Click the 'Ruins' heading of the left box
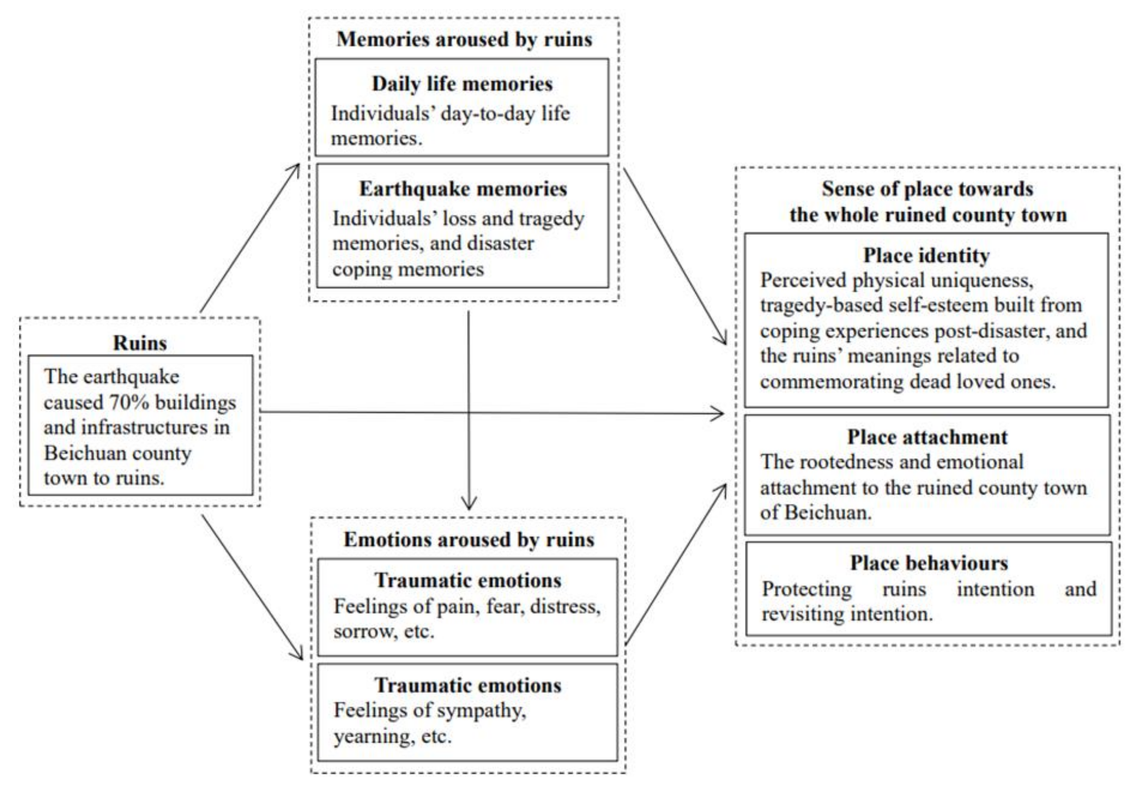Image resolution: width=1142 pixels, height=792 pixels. coord(140,343)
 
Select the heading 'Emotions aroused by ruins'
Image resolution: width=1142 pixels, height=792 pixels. coord(469,539)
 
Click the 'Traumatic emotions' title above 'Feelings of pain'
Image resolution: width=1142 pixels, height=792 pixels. coord(468,580)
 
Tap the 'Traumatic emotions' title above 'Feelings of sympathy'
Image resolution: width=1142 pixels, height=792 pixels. coord(468,685)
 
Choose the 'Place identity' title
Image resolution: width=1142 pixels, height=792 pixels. coord(926,256)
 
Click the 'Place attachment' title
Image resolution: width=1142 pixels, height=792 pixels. coord(927,437)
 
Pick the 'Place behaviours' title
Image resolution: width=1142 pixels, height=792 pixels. coord(929,563)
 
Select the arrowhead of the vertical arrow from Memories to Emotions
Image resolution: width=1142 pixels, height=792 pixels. coord(469,505)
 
